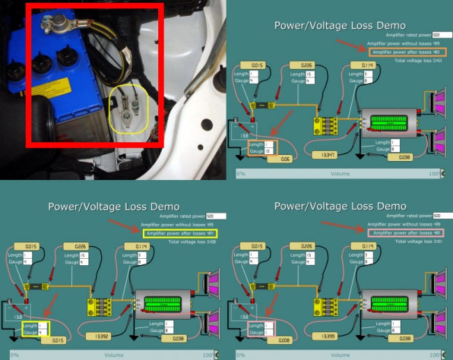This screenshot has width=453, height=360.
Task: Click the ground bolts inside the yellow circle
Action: (130, 109)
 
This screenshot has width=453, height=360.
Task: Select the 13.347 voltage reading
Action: (325, 154)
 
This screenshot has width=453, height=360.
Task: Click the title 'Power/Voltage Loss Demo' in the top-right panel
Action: (340, 26)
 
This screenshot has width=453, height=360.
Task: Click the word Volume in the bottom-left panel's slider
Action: (114, 354)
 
